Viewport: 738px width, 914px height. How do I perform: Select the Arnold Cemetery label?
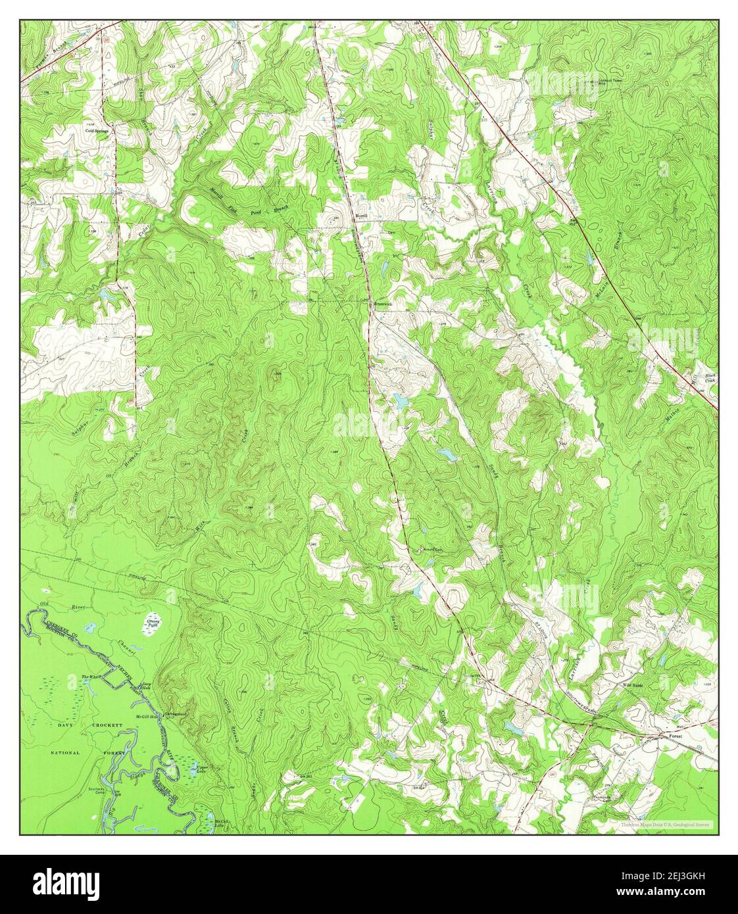(424, 550)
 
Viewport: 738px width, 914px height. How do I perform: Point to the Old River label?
(45, 604)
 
